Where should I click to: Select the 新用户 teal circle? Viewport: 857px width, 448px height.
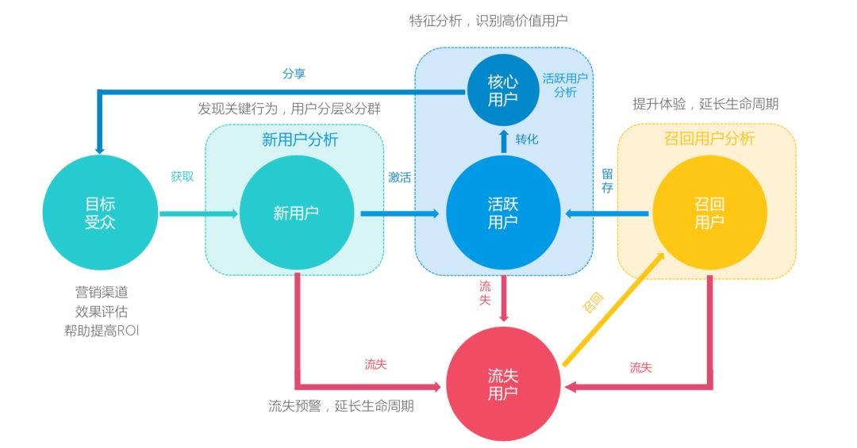(x=297, y=213)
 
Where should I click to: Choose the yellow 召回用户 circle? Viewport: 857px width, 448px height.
(x=709, y=213)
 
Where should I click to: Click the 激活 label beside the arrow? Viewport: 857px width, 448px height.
(x=399, y=177)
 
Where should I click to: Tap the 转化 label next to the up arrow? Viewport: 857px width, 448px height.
(x=527, y=139)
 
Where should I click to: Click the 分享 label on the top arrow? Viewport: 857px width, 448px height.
(x=294, y=74)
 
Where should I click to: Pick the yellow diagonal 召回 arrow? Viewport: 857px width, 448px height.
(x=613, y=309)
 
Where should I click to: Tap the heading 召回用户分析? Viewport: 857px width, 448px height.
(x=709, y=140)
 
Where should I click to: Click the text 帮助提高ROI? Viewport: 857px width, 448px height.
(x=102, y=331)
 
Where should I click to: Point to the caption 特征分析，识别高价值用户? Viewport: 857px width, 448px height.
(x=488, y=20)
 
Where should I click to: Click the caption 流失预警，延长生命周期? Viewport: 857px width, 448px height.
(x=341, y=407)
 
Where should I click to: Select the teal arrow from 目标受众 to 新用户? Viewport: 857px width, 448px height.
(x=198, y=213)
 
